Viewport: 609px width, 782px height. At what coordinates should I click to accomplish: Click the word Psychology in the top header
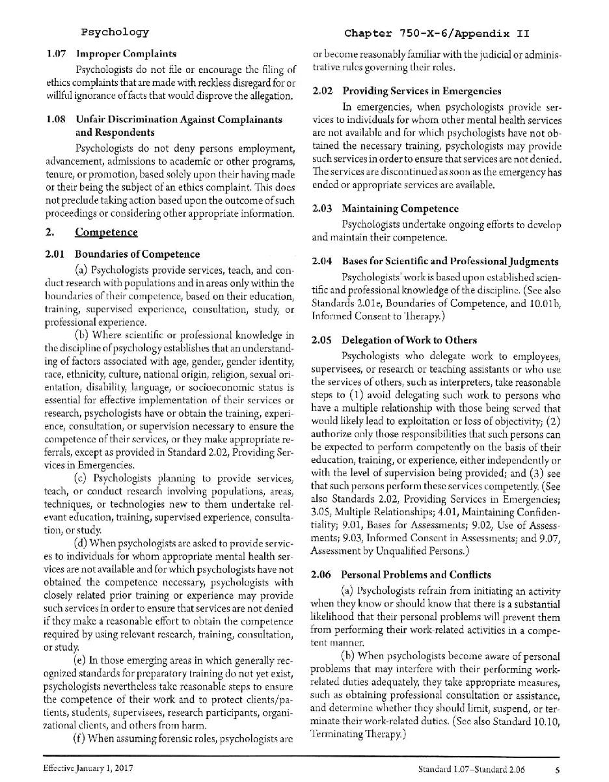pos(115,32)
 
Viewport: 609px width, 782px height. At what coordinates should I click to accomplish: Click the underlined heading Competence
pos(106,232)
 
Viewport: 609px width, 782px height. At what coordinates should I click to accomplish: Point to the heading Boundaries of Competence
pos(137,254)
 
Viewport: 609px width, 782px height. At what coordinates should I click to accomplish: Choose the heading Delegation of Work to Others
pos(409,340)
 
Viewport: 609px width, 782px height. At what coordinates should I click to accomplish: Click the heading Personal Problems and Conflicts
pos(416,574)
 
